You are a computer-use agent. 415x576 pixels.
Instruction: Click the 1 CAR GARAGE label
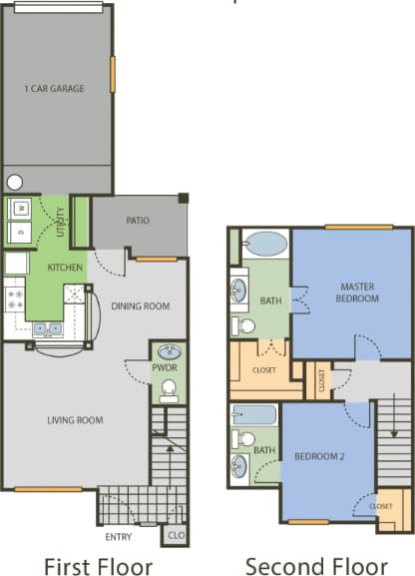pos(54,88)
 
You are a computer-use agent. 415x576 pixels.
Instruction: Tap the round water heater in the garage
pos(15,183)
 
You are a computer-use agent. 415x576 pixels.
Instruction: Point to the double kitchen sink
pos(45,327)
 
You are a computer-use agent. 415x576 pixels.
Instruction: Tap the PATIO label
pos(138,221)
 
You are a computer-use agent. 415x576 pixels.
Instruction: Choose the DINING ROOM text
pos(137,306)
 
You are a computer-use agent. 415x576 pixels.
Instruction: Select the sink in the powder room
pos(169,352)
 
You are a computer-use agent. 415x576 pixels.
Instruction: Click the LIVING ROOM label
pos(75,420)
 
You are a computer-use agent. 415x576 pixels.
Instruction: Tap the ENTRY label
pos(119,536)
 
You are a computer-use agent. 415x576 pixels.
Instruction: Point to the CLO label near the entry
pos(175,535)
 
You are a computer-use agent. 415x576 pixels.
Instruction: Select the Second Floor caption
pos(316,564)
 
